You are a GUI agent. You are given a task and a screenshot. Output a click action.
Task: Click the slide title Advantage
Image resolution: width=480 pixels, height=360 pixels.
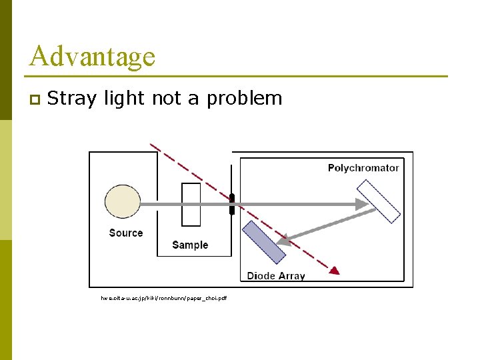tap(92, 56)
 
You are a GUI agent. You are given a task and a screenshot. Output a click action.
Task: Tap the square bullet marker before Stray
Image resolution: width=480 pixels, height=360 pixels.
tap(34, 100)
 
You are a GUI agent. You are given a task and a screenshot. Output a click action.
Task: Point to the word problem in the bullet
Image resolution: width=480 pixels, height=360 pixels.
tap(245, 99)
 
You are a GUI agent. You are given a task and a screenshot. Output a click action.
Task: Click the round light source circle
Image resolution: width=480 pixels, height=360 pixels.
tap(123, 201)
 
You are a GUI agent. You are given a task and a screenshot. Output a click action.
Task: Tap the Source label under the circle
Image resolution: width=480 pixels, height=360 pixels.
tap(126, 233)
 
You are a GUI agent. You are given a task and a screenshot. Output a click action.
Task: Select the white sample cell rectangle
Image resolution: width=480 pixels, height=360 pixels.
tap(191, 204)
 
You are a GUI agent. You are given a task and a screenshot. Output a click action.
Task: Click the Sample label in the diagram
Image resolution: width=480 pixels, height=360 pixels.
tap(190, 245)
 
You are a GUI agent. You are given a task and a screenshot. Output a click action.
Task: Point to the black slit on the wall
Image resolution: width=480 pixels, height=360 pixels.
tap(232, 204)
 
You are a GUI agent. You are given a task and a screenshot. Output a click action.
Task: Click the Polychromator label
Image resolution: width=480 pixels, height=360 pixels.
tap(363, 168)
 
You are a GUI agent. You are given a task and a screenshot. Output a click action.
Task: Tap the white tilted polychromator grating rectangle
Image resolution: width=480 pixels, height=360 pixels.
tap(378, 200)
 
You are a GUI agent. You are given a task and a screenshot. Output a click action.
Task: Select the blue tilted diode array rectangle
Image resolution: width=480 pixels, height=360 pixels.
tap(263, 241)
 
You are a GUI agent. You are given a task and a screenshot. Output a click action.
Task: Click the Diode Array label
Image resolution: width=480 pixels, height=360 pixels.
tap(276, 276)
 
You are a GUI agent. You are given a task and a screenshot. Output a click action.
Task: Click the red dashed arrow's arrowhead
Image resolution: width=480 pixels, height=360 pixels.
tap(335, 270)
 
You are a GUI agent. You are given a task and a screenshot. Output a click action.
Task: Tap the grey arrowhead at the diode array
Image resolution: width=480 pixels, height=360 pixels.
tap(283, 239)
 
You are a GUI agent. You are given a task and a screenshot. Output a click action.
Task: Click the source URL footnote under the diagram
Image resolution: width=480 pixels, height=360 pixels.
tap(163, 298)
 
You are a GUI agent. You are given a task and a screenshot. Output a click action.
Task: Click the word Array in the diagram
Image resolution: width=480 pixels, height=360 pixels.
tap(291, 276)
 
